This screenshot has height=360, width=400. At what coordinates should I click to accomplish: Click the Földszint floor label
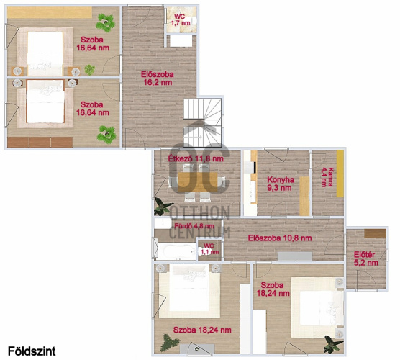(32, 351)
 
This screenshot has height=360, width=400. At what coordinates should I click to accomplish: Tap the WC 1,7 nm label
(181, 19)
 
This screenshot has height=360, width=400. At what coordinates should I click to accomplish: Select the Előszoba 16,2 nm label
(158, 78)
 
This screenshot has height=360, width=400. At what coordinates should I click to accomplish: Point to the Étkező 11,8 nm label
(196, 158)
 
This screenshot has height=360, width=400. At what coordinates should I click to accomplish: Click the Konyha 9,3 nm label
(281, 184)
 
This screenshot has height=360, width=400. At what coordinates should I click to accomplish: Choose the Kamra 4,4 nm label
(327, 177)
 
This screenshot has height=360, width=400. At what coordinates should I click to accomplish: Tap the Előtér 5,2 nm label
(365, 258)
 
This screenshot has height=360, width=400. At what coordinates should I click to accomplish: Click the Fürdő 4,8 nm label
(194, 226)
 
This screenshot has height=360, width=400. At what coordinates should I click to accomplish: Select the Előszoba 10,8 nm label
(280, 238)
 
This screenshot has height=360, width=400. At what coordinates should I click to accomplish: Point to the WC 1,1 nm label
(209, 249)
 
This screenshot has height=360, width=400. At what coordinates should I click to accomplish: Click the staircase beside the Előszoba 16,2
(203, 123)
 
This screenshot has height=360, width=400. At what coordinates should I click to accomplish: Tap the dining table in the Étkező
(198, 182)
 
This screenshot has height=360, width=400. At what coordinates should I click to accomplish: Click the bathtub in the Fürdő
(176, 251)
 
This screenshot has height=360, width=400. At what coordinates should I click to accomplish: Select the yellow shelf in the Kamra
(340, 174)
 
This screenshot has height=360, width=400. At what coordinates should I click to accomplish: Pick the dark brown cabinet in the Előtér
(375, 233)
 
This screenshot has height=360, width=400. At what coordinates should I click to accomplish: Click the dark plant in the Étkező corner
(163, 206)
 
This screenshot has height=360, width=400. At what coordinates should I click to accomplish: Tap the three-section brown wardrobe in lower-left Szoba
(40, 143)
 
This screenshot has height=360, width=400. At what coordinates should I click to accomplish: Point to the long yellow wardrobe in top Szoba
(50, 12)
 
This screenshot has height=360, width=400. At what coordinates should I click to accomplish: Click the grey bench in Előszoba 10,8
(295, 256)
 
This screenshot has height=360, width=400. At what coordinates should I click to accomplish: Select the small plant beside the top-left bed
(89, 70)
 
